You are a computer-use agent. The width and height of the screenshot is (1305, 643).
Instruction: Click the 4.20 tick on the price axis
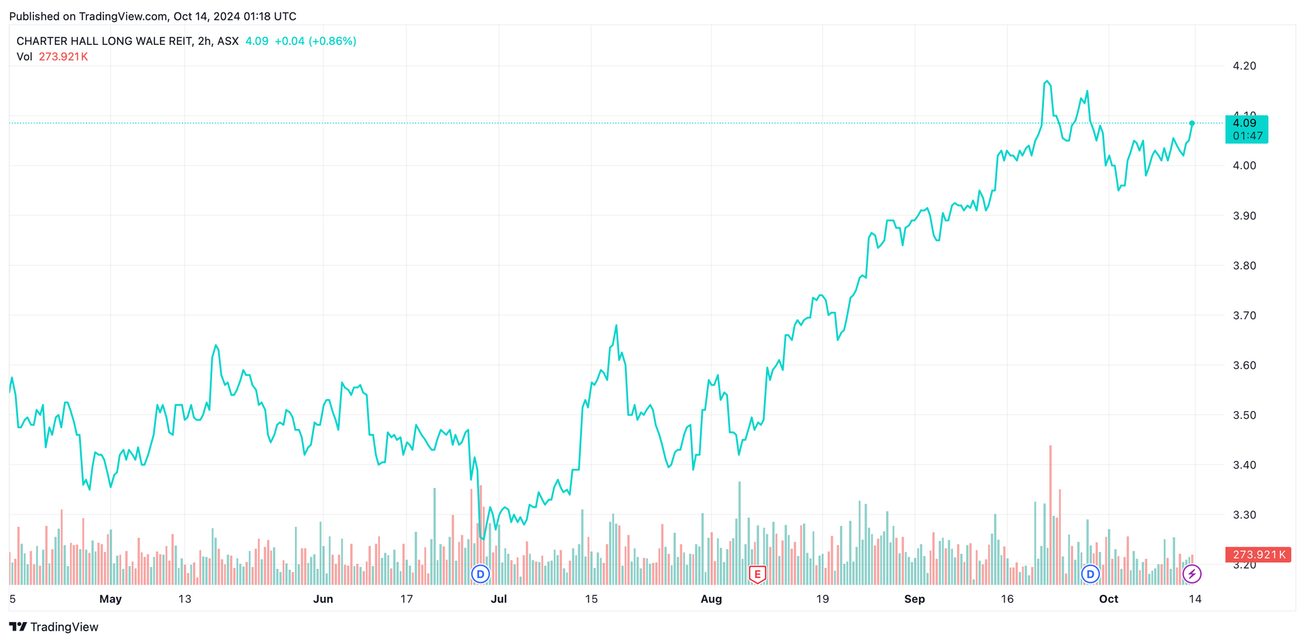click(x=1244, y=66)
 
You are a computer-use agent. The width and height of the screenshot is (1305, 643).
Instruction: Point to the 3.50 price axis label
click(x=1244, y=415)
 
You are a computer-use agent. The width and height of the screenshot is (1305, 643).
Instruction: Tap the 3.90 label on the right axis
click(x=1244, y=215)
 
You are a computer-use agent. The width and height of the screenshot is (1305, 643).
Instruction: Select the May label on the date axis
click(x=110, y=599)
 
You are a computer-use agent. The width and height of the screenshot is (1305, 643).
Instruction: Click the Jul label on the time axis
click(x=498, y=599)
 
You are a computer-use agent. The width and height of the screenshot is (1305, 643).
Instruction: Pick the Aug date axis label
click(x=711, y=599)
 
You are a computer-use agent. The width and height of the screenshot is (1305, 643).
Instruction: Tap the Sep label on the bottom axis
click(x=914, y=599)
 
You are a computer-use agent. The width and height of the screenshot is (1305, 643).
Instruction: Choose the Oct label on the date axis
click(x=1108, y=599)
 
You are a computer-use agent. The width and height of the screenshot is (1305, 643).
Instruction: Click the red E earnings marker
click(x=757, y=574)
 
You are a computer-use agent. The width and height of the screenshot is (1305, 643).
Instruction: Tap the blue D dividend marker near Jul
click(x=481, y=574)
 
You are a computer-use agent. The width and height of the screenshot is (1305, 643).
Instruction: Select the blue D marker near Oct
click(x=1090, y=574)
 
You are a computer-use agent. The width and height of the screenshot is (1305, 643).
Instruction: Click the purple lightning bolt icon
click(x=1191, y=574)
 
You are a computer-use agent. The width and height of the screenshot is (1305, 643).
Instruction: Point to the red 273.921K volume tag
click(x=1257, y=555)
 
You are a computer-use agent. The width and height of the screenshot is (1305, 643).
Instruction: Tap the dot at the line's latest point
click(x=1191, y=123)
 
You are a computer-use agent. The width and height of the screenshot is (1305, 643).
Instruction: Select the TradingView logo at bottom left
click(x=54, y=627)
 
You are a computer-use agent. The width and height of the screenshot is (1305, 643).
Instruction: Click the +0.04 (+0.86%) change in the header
click(x=315, y=41)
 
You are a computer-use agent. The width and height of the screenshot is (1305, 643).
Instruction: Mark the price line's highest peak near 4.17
click(x=1047, y=81)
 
